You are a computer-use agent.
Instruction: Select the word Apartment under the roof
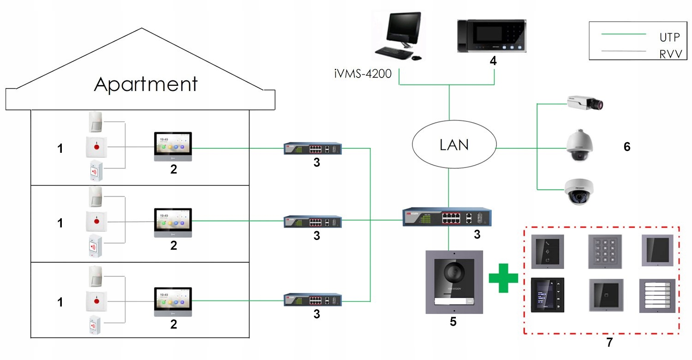pyautogui.click(x=146, y=84)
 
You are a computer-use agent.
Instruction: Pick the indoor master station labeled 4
pyautogui.click(x=492, y=36)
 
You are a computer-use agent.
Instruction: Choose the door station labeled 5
pyautogui.click(x=453, y=282)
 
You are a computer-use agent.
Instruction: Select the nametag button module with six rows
pyautogui.click(x=656, y=296)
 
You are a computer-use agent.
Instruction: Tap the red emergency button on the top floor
pyautogui.click(x=97, y=147)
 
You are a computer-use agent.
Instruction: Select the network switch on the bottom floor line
pyautogui.click(x=312, y=300)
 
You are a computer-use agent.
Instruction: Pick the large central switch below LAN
pyautogui.click(x=447, y=217)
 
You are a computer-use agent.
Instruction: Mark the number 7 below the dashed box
pyautogui.click(x=609, y=342)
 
